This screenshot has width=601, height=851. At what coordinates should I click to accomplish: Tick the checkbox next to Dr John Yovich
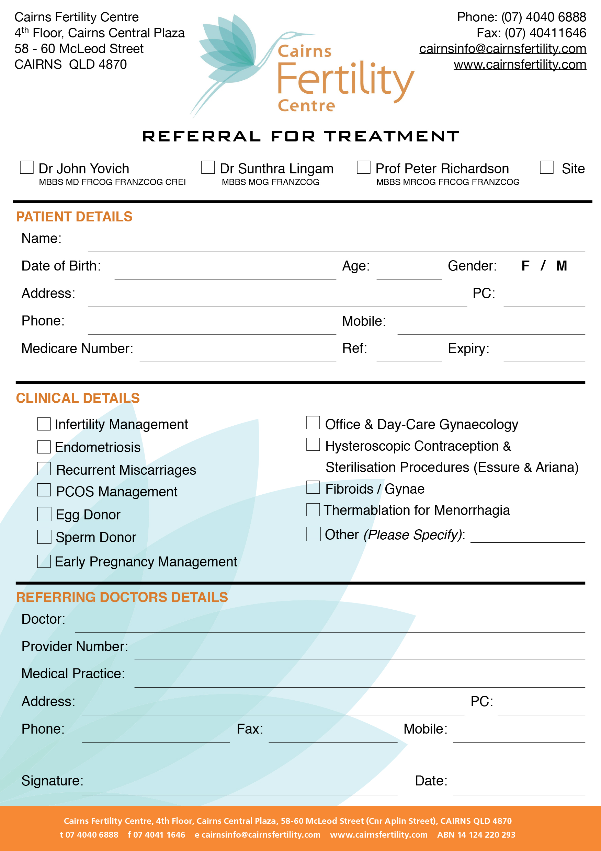click(x=27, y=167)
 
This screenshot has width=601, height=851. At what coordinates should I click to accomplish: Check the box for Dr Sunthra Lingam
click(x=208, y=167)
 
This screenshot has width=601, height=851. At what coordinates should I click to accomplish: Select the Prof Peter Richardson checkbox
click(x=363, y=167)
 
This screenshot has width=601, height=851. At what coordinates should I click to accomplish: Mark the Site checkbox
click(x=546, y=167)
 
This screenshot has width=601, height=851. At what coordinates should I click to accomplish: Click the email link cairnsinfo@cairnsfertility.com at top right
click(x=502, y=48)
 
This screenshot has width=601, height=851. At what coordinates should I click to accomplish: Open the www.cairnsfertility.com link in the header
click(x=520, y=65)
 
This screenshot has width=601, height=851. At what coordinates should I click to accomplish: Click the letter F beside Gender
click(x=525, y=266)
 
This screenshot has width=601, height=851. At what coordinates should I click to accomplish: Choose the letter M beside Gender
click(x=561, y=266)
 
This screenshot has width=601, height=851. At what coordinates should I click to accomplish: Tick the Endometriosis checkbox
click(x=44, y=447)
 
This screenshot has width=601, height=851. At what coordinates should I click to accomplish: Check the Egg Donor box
click(x=44, y=514)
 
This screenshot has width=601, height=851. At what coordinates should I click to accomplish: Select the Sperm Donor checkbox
click(x=44, y=537)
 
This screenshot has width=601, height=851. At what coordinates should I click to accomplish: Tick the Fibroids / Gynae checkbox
click(x=313, y=487)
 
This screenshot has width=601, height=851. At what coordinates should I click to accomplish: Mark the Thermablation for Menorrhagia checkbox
click(x=313, y=510)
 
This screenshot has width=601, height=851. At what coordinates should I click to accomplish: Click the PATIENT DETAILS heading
click(x=74, y=217)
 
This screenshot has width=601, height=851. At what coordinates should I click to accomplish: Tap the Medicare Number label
click(x=77, y=348)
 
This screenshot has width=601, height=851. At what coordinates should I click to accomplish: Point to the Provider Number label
click(x=75, y=646)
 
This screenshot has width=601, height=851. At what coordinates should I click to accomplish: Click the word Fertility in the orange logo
click(x=345, y=80)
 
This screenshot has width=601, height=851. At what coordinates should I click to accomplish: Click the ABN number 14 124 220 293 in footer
click(x=476, y=835)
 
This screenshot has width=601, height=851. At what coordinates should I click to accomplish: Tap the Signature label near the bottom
click(x=52, y=781)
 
